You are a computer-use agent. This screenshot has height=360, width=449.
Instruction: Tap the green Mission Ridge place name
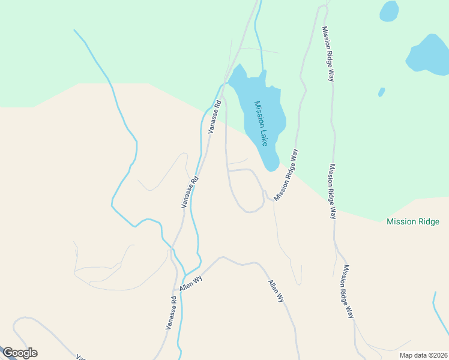[413, 222]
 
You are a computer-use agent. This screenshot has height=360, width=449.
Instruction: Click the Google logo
[19, 353]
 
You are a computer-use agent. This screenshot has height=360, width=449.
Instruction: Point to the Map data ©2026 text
[423, 355]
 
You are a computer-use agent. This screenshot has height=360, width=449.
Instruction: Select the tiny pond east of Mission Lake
[381, 92]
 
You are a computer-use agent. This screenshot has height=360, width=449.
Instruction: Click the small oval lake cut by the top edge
[389, 10]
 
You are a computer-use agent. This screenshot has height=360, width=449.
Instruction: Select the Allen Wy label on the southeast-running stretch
[276, 290]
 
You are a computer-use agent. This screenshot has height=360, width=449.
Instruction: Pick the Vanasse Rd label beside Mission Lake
[214, 116]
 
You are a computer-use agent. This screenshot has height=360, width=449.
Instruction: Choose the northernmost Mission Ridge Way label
[328, 54]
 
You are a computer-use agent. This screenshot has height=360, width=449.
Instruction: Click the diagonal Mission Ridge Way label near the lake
[286, 175]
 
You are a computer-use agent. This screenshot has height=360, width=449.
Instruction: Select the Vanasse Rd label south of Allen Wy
[172, 312]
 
